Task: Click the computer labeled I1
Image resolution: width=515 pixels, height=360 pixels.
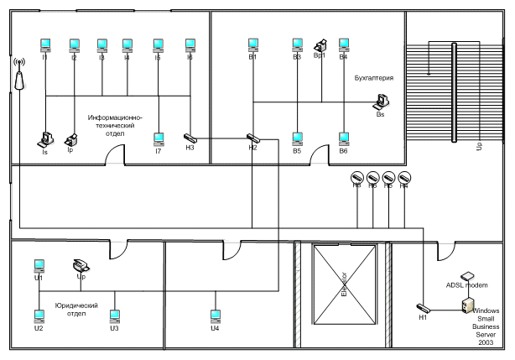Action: coord(45,44)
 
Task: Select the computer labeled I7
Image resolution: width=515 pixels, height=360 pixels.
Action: coord(159,138)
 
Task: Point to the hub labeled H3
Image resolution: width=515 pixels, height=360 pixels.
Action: coord(190,137)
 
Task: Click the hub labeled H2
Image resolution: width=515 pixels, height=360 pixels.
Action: coord(252,137)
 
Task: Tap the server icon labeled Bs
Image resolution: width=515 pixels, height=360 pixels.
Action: coord(382,101)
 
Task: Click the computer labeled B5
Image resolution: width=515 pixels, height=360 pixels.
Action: coord(297,138)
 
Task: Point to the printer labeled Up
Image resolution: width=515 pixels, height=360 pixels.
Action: coord(82,264)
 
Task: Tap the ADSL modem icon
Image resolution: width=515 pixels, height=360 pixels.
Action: coord(468,275)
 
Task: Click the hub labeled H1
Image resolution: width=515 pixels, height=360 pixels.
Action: coord(423,307)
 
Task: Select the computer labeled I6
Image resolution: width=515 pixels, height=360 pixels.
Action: coord(190,44)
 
